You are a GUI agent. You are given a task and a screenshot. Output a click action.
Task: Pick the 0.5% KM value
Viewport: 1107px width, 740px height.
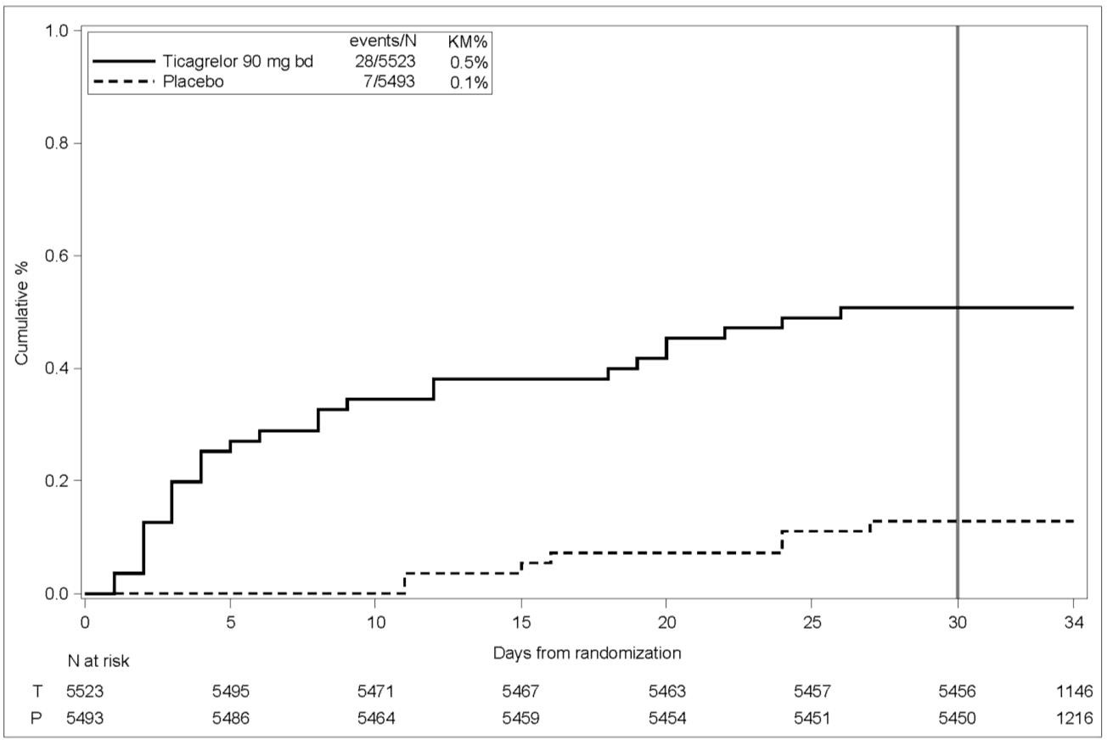click(x=469, y=62)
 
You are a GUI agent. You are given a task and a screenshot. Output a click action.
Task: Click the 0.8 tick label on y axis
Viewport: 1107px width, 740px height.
click(x=61, y=143)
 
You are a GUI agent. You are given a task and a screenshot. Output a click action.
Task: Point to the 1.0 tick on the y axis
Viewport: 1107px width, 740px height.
click(x=61, y=31)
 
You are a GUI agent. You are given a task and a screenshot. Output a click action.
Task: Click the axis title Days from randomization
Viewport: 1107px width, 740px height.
click(x=587, y=653)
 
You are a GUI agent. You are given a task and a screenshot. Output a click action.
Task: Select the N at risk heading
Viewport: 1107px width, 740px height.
click(x=98, y=660)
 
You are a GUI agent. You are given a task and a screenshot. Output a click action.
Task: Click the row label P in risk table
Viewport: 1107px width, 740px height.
click(x=36, y=718)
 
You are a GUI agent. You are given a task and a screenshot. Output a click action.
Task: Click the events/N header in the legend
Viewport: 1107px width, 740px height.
click(x=383, y=42)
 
